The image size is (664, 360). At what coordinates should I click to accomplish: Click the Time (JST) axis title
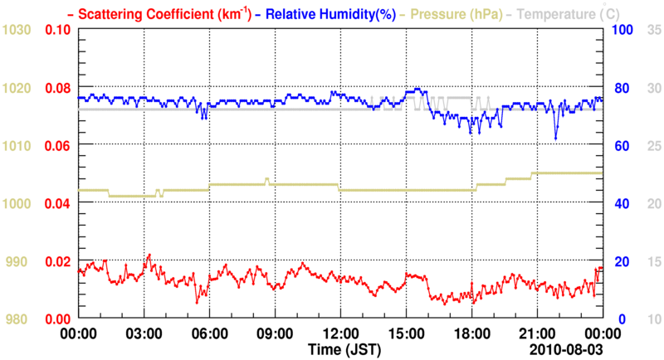(x=343, y=348)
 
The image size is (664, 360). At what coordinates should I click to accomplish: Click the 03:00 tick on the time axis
(x=144, y=334)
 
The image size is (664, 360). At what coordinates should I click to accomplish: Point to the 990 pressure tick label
(x=19, y=262)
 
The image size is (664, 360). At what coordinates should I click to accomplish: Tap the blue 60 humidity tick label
(x=619, y=146)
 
